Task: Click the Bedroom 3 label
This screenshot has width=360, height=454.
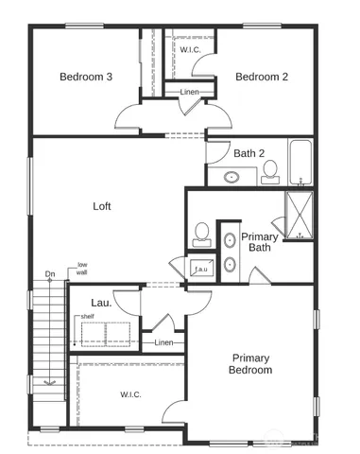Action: pos(87,77)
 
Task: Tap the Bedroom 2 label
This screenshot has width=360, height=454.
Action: pos(262,77)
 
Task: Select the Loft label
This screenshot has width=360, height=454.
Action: pos(102,205)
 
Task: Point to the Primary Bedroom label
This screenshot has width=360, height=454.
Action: pos(250,364)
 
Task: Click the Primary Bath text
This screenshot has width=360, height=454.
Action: pos(260,242)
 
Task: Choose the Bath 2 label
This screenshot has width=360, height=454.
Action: pos(248,152)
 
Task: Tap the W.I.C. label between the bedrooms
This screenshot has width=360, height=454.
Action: pos(191,49)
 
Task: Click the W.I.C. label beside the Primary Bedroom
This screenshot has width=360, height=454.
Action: pos(130,394)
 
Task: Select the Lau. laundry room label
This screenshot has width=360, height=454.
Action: pos(101,303)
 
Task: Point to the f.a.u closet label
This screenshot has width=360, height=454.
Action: pos(200,269)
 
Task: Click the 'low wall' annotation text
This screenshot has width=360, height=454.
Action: pos(83,269)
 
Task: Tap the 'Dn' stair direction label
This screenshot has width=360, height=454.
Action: pos(50,275)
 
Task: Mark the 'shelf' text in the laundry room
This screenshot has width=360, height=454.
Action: pos(87,317)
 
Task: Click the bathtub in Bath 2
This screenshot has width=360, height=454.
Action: pos(300,163)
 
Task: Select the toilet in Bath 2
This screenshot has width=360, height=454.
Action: pos(269,171)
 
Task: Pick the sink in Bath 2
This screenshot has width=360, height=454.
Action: pos(231,176)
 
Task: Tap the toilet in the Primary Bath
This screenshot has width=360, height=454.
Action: pos(201,233)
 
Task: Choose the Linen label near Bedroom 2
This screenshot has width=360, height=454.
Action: pos(189,92)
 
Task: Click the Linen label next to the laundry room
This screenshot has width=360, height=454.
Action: pos(163,342)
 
